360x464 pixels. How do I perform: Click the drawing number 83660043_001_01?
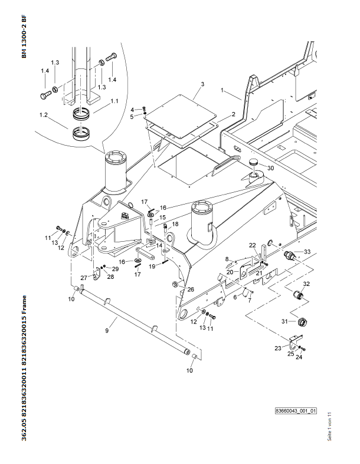[296, 410]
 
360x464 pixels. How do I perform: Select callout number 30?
[270, 168]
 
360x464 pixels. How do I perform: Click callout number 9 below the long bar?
[107, 331]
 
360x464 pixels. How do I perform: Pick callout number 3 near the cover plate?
[202, 85]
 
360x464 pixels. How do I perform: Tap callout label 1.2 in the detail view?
[43, 114]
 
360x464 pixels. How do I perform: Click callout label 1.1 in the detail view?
[114, 101]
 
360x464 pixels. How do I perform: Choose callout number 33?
[307, 252]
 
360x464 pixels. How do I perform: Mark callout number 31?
[284, 321]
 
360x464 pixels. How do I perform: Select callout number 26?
[191, 289]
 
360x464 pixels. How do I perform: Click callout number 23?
[277, 349]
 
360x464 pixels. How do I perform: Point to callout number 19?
[152, 266]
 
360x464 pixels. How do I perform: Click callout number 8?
[227, 258]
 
